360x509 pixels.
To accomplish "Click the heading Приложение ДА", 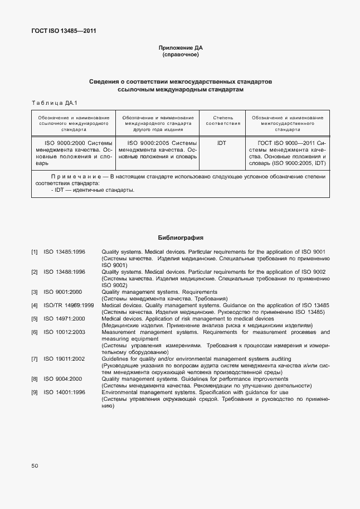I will (x=181, y=48).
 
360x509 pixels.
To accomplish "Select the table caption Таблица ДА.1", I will (x=54, y=103).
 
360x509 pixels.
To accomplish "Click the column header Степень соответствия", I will (x=222, y=120).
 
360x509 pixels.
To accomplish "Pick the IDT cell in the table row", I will (x=222, y=143).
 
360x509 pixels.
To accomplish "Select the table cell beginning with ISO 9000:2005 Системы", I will (x=158, y=150).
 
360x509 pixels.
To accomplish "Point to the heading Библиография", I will (x=180, y=237).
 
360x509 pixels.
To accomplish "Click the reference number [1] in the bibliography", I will (x=35, y=253).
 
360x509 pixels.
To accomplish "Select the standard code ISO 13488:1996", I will (x=64, y=272).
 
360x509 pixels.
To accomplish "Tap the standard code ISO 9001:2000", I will (x=62, y=292).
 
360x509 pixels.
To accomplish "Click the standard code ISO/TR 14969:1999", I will (x=69, y=306).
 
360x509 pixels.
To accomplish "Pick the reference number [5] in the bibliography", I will (x=35, y=319).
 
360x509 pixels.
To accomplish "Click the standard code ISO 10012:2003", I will (x=64, y=332).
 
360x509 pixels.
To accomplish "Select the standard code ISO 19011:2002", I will (x=64, y=359).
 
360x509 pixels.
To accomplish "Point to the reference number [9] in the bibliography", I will (x=35, y=392).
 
